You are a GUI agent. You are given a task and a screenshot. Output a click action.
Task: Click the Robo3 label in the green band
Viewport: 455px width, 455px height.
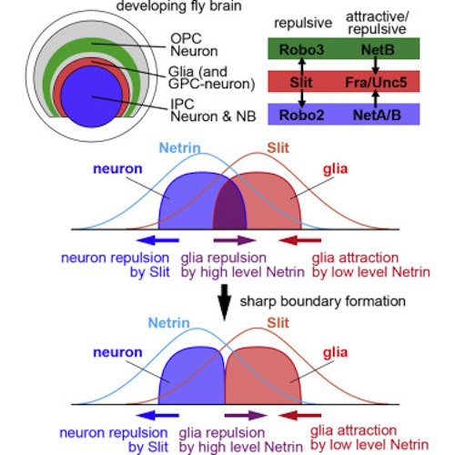pos(301,50)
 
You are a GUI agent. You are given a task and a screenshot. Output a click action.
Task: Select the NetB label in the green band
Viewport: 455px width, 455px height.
pos(378,50)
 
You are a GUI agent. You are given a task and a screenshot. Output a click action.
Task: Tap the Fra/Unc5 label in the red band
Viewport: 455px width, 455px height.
pos(376,82)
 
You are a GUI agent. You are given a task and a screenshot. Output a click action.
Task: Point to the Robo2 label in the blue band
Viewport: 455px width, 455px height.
pos(301,115)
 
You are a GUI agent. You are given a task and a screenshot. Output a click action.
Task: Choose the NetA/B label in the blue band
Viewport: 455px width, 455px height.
pos(377,115)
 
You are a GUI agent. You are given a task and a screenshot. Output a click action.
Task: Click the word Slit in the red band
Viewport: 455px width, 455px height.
pos(301,82)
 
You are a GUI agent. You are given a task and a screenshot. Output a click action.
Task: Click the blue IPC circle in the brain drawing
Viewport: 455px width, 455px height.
pos(92,97)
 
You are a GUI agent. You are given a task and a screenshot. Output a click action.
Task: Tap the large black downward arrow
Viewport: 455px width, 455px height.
pos(225,302)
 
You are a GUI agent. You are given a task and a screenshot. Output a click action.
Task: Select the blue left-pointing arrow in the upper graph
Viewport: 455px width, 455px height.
pos(157,240)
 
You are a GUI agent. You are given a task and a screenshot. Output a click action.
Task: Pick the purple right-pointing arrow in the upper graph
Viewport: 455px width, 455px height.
pos(235,240)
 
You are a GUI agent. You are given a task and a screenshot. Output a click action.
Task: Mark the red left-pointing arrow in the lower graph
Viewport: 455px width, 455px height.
pos(299,415)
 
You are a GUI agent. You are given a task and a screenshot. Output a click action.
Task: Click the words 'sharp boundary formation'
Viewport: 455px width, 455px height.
pos(323,301)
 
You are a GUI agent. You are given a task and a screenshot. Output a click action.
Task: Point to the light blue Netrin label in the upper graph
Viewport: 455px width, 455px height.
pos(180,148)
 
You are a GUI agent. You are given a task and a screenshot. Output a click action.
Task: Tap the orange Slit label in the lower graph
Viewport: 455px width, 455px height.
pos(278,323)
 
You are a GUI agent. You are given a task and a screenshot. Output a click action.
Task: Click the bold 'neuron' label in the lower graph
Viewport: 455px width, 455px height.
pos(117,352)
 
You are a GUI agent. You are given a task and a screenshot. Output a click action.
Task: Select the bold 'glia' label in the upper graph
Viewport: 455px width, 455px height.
pos(335,169)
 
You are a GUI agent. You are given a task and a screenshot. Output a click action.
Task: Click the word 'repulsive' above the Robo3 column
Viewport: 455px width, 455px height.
pos(303,24)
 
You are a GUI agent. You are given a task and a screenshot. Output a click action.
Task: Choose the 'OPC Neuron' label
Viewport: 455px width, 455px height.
pos(194,45)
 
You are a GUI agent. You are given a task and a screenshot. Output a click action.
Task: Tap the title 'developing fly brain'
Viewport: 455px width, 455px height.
pos(179,6)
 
